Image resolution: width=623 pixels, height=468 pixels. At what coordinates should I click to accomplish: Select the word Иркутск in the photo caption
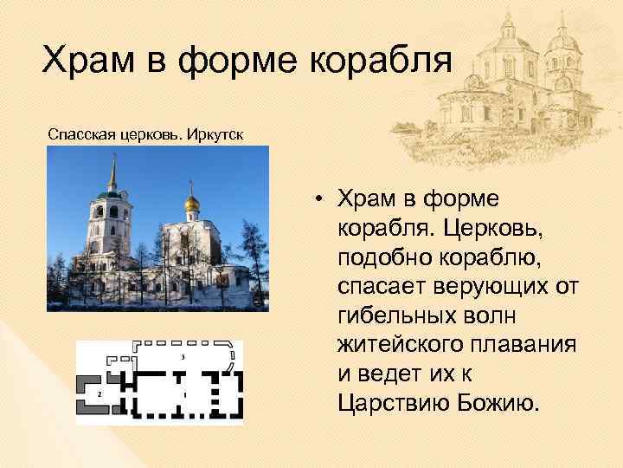coord(214,135)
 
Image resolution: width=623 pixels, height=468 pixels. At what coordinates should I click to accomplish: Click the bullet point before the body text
coord(319,198)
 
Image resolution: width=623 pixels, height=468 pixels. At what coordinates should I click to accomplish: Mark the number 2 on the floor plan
coord(100,393)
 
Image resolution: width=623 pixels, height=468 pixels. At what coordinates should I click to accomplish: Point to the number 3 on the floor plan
coord(183,357)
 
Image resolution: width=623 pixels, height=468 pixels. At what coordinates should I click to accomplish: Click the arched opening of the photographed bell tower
coord(113,211)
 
